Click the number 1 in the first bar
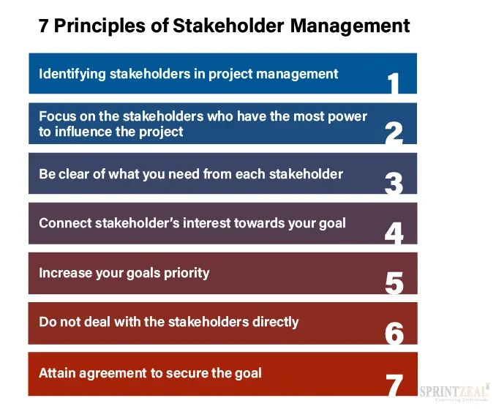click(394, 83)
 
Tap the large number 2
click(394, 133)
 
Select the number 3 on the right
click(394, 183)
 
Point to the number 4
click(394, 233)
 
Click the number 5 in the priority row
click(394, 282)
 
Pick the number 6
click(394, 332)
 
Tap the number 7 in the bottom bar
click(394, 383)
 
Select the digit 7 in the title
click(44, 26)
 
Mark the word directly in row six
click(274, 321)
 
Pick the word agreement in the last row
click(117, 372)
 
